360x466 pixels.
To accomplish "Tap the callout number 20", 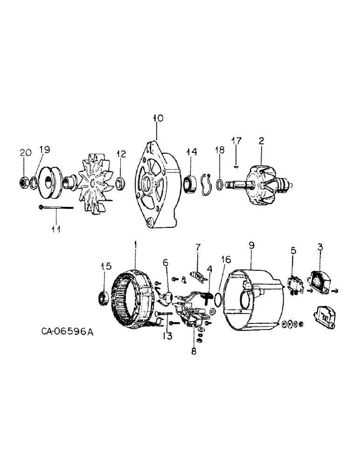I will tap(26, 152).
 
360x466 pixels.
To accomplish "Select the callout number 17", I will tap(237, 140).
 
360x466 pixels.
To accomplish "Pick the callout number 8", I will tap(194, 352).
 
